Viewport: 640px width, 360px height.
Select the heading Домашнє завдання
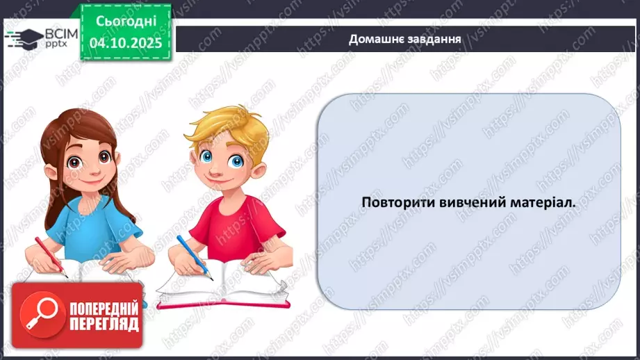coord(405,38)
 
